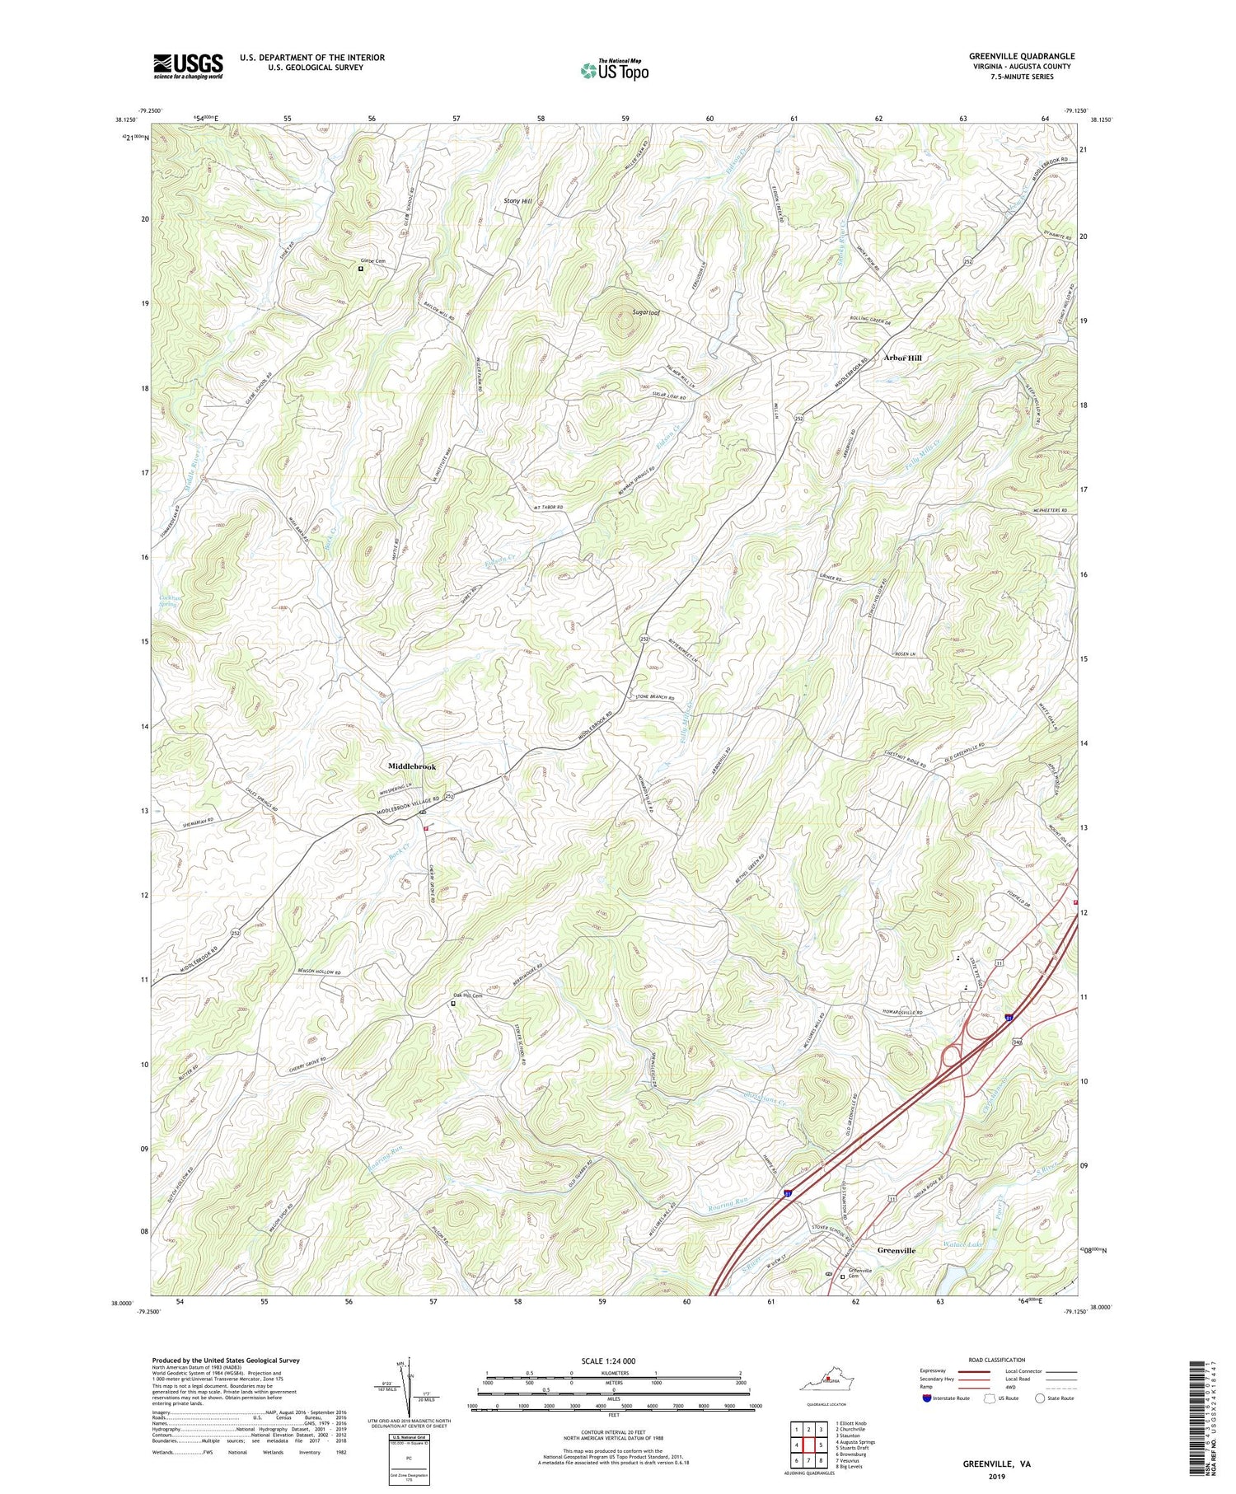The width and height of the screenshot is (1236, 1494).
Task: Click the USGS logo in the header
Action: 188,66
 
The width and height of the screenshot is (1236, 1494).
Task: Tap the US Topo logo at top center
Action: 614,70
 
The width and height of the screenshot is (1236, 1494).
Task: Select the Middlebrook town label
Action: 412,766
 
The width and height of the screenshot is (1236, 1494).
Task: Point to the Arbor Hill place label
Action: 902,358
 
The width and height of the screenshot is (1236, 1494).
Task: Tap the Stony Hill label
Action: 517,201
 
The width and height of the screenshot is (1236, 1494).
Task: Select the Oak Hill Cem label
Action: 466,995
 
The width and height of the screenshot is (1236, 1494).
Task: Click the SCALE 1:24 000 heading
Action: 613,1361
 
